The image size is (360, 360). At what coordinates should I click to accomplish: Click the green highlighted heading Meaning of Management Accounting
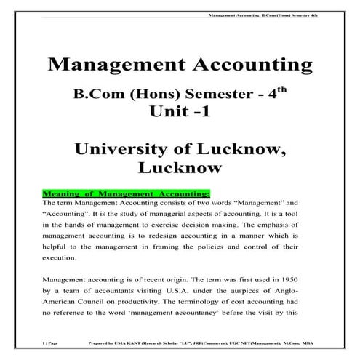pos(127,193)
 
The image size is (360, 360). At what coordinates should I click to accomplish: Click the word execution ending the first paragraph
pos(62,257)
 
